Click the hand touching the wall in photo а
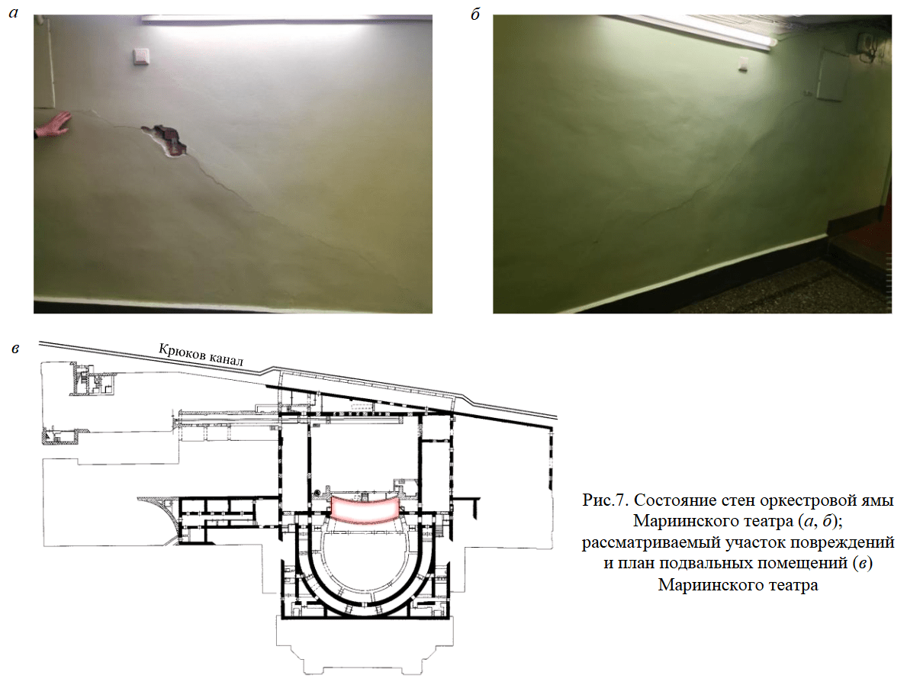coord(53,125)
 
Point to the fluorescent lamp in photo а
coord(286,19)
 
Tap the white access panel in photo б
coord(831,76)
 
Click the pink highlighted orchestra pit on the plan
coord(365,509)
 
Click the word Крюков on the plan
coord(182,352)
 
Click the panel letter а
coord(13,13)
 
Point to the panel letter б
coord(475,14)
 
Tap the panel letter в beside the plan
coord(15,349)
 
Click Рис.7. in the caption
coord(605,500)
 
